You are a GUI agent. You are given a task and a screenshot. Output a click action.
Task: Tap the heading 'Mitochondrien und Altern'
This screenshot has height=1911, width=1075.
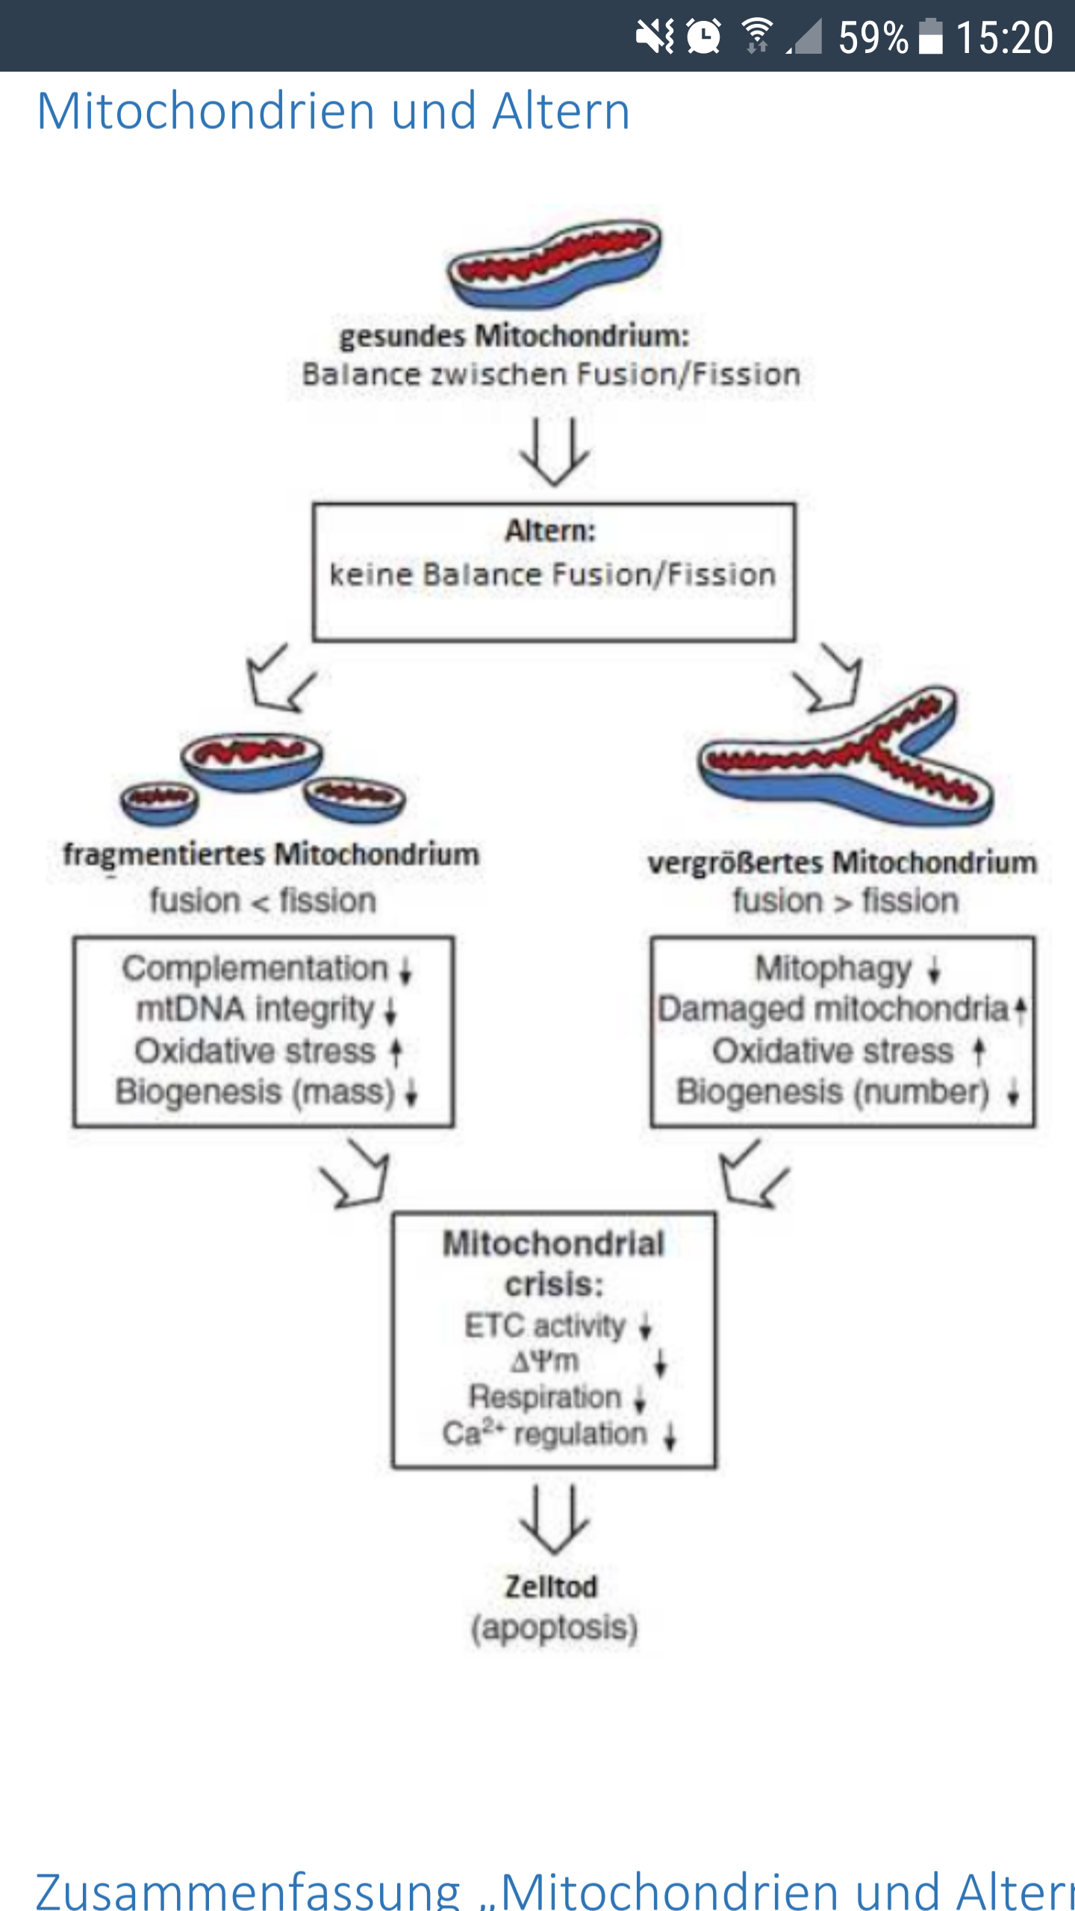334,111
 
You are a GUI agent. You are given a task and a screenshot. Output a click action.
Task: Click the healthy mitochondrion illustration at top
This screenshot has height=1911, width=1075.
554,264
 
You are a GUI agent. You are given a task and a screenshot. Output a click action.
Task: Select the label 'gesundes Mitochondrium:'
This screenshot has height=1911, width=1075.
514,336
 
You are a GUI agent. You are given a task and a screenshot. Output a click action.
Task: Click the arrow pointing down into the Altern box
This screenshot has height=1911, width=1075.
554,451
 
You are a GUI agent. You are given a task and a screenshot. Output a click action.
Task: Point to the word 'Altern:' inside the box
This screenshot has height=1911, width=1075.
551,531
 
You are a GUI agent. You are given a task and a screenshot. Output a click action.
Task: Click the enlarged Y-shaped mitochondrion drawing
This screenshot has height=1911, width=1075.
847,761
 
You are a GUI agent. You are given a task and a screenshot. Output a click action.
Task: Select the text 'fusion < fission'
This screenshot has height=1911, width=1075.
263,901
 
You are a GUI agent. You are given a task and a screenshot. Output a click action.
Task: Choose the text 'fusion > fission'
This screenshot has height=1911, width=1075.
845,901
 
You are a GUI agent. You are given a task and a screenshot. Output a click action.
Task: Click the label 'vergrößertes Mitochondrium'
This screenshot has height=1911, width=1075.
842,863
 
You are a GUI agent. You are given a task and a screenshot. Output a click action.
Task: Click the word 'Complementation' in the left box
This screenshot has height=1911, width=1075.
255,968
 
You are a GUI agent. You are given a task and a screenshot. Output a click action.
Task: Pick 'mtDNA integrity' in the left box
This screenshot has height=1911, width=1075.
255,1009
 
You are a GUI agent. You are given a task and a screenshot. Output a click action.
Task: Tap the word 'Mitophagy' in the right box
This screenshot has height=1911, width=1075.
833,969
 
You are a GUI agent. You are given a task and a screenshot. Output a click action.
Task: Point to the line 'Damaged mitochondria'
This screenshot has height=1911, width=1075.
833,1009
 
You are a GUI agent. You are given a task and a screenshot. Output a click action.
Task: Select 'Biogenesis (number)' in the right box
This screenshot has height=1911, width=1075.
832,1092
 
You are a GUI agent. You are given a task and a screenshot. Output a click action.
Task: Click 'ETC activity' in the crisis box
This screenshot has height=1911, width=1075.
545,1326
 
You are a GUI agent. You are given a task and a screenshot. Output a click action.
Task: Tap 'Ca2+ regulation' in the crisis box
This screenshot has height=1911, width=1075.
545,1433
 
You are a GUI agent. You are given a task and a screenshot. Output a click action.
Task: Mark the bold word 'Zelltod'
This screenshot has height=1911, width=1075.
552,1587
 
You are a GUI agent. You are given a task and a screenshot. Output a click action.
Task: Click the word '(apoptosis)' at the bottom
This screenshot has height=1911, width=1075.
554,1627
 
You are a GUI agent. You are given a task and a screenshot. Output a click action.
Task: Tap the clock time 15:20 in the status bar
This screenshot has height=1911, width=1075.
1004,37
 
